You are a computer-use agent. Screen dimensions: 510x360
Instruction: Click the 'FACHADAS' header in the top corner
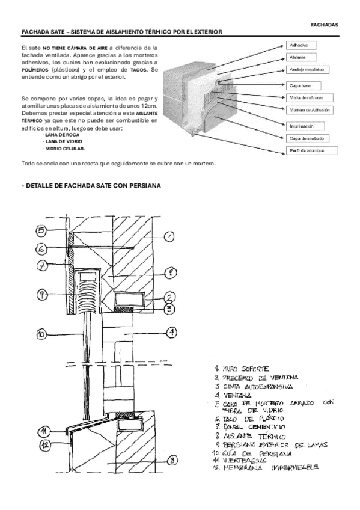pos(325,25)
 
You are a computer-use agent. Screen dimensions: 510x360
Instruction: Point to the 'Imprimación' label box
pos(304,126)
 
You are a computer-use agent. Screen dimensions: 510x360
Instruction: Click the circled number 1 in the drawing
pos(170,239)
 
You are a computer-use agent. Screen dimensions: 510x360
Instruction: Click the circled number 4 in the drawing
pos(171,331)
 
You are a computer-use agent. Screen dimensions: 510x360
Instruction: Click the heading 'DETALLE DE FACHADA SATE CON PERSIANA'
pos(91,186)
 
